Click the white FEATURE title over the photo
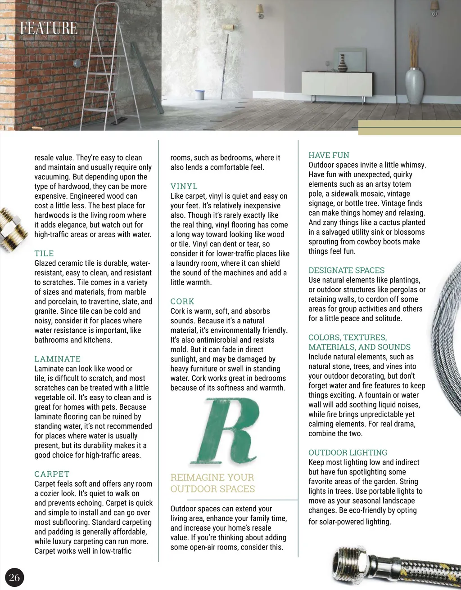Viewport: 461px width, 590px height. (x=49, y=28)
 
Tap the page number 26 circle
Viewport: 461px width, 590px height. (x=14, y=577)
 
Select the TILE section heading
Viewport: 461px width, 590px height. (x=44, y=254)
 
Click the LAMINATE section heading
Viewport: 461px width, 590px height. (x=58, y=359)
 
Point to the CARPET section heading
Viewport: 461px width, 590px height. (x=52, y=474)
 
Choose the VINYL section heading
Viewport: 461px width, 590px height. (x=184, y=186)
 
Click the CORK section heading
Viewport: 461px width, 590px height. (x=182, y=301)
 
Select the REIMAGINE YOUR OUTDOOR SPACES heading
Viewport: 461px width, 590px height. (x=212, y=483)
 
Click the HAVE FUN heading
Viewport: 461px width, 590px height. (x=329, y=155)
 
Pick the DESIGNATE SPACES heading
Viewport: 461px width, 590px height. (x=347, y=270)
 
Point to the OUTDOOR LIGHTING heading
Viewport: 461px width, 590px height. (x=348, y=452)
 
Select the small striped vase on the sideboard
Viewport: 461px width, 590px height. (x=343, y=63)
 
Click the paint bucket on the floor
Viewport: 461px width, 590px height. (x=200, y=95)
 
